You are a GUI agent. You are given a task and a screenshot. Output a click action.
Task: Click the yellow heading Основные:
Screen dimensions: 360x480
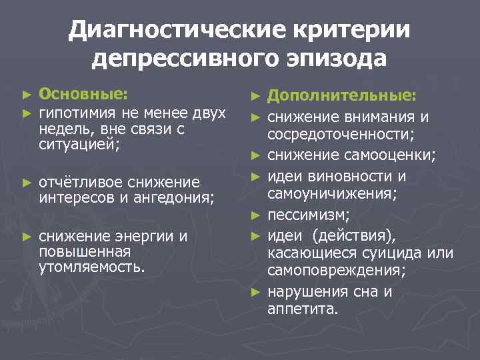tap(84, 94)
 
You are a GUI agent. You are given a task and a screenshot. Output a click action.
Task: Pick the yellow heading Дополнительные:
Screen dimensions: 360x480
tap(342, 97)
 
